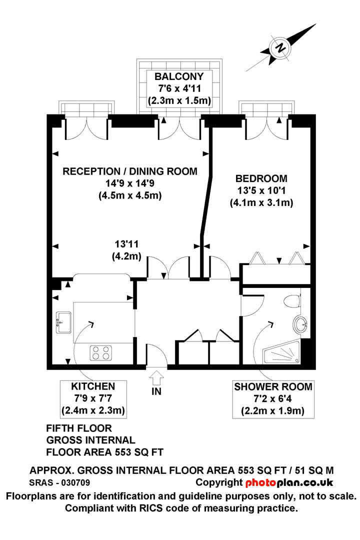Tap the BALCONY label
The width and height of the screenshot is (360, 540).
[x=179, y=76]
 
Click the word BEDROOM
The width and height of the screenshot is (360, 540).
[x=261, y=178]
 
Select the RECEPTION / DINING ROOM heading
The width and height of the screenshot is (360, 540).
[x=130, y=171]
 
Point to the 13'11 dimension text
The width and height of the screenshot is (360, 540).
[x=127, y=244]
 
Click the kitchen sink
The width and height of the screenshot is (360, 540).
[x=63, y=322]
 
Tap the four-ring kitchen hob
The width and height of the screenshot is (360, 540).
[x=101, y=353]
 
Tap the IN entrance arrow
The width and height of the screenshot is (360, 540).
[x=156, y=378]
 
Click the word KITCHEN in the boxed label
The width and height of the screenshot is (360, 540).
[x=93, y=386]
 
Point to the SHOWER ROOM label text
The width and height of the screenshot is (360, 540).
[x=273, y=386]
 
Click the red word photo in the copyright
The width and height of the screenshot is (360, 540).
[x=261, y=483]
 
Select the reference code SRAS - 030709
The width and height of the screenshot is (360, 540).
[x=59, y=483]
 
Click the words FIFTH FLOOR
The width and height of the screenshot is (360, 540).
[x=79, y=428]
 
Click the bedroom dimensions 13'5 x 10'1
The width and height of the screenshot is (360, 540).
[x=261, y=190]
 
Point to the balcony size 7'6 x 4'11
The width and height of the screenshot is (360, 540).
[x=179, y=88]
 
